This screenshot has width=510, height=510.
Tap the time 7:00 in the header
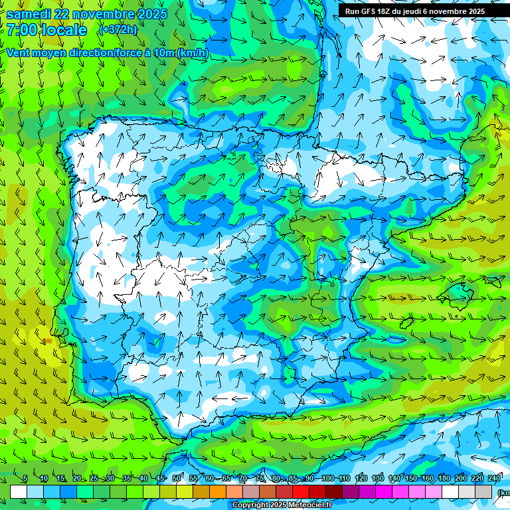pyautogui.click(x=22, y=30)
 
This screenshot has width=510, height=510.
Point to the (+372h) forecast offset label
pyautogui.click(x=119, y=30)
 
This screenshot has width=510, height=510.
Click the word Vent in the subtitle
pyautogui.click(x=19, y=52)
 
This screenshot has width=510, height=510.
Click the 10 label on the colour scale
pyautogui.click(x=43, y=478)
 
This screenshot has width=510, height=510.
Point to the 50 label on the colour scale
pyautogui.click(x=176, y=478)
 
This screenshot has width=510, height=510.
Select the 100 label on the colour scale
pyautogui.click(x=327, y=478)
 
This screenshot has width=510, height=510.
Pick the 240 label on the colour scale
pyautogui.click(x=494, y=478)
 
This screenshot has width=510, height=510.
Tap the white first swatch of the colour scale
pyautogui.click(x=19, y=491)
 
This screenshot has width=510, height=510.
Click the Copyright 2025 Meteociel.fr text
pyautogui.click(x=282, y=505)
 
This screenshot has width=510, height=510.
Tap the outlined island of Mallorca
pyautogui.click(x=458, y=291)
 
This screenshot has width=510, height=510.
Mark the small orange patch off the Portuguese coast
pyautogui.click(x=48, y=341)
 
